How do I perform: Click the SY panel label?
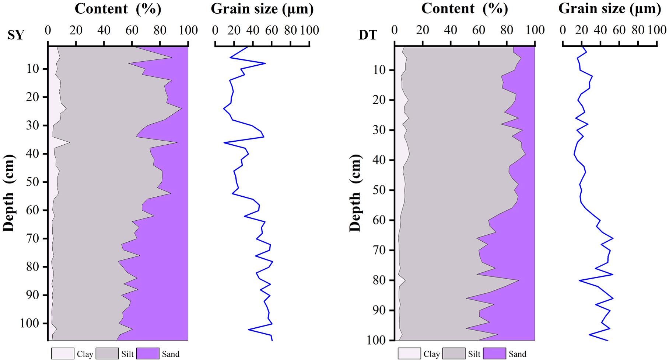tap(16, 35)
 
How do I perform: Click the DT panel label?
tap(368, 35)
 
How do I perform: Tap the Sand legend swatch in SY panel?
tap(148, 354)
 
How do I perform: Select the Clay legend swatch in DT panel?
tap(409, 354)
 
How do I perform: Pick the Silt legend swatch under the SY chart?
tap(107, 354)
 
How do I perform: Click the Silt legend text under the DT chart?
tap(474, 354)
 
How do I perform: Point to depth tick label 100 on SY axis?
tap(29, 323)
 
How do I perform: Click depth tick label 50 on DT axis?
tap(379, 190)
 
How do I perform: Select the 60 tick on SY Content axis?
tap(132, 30)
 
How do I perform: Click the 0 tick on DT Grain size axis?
tap(563, 30)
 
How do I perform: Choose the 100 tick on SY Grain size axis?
tap(309, 30)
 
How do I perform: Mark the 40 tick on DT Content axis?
tap(451, 30)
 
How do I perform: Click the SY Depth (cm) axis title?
tap(9, 193)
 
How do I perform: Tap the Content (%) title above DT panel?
tap(465, 9)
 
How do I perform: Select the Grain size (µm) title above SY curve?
tap(262, 9)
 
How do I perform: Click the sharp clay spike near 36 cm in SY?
tap(69, 142)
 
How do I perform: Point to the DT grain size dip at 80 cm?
tap(580, 280)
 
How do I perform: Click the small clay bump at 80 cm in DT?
tap(404, 280)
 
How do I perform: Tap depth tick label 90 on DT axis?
tap(379, 310)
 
